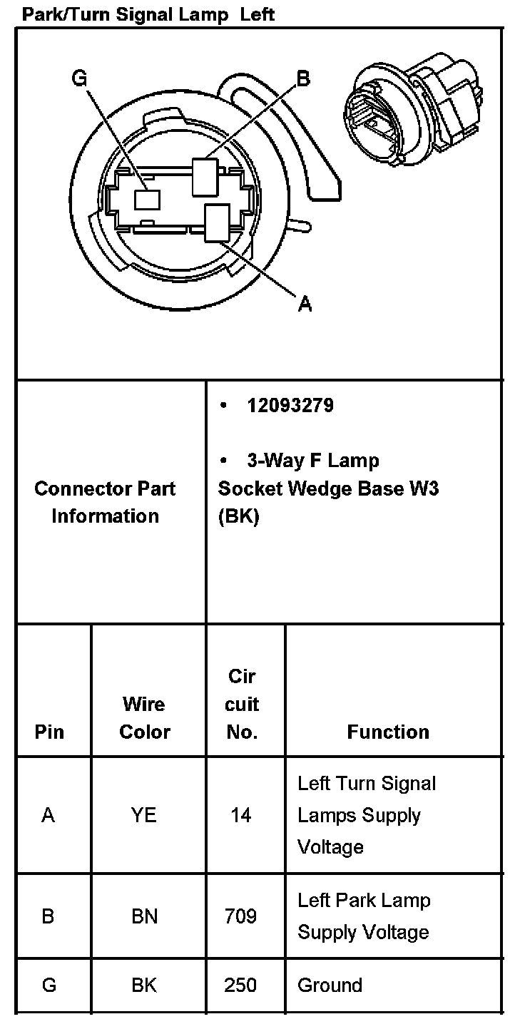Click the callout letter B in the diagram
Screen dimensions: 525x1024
pos(303,78)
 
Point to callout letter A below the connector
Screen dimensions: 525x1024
pos(305,304)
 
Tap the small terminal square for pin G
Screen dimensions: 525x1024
pos(148,198)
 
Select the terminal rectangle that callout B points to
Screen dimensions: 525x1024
pos(204,175)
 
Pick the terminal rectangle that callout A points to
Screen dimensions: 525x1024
pos(216,222)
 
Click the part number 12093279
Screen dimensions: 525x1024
pos(290,406)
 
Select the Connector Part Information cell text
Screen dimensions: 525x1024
pos(105,502)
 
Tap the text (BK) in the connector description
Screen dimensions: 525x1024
pos(239,516)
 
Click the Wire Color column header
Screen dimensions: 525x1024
pos(145,717)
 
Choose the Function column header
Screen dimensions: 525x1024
pos(388,732)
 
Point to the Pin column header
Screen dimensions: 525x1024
pos(49,732)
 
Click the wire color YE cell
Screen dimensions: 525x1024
pos(144,814)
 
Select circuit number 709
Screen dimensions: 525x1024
pos(240,916)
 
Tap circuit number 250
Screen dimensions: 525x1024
pos(240,985)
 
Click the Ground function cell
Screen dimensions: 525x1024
pos(330,985)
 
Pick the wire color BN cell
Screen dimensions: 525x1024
pos(144,916)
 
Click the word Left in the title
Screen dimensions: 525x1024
pos(258,14)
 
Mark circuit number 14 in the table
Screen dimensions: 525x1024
pos(240,814)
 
